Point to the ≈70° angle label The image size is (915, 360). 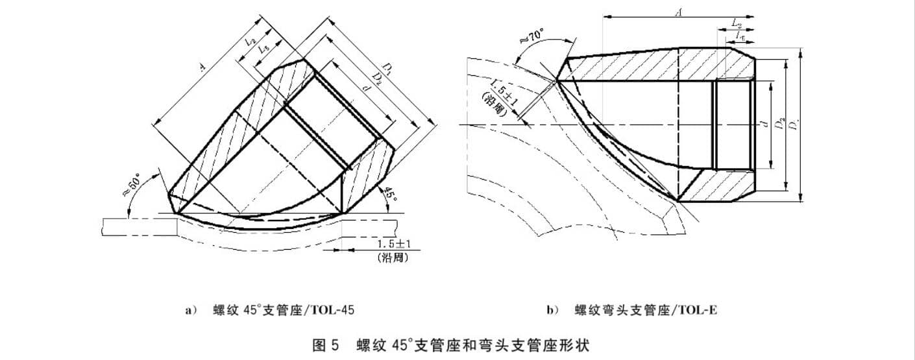point(534,37)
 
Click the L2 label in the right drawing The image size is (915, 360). point(737,23)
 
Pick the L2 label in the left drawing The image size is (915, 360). point(250,42)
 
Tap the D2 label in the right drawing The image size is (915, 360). point(783,122)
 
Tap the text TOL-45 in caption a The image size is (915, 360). point(332,309)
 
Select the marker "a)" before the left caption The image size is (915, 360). point(190,310)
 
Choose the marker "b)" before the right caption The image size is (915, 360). point(552,310)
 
